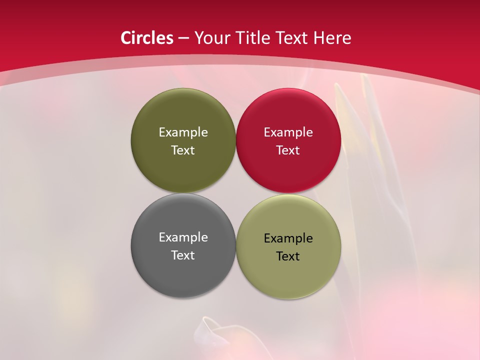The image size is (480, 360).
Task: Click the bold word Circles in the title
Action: click(147, 38)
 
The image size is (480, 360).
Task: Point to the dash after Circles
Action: click(183, 38)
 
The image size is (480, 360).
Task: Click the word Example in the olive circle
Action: click(183, 132)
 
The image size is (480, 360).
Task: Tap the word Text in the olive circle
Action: click(183, 150)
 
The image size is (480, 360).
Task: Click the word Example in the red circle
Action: click(288, 132)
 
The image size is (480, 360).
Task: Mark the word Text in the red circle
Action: click(288, 150)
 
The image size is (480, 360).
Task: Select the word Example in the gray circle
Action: click(183, 237)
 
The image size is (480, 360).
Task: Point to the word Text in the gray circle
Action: click(183, 255)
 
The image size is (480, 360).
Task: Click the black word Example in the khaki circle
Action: click(288, 238)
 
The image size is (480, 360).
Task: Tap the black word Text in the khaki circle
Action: click(288, 256)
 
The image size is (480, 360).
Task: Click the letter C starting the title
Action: click(126, 38)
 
